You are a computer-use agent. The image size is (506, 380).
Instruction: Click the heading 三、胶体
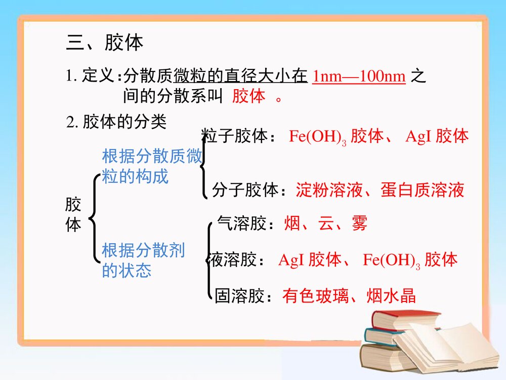[105, 43]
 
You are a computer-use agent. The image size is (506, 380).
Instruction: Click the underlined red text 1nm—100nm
[359, 76]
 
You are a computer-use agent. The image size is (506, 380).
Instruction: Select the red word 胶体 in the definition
[248, 96]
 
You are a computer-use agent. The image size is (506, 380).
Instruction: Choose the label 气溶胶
[241, 223]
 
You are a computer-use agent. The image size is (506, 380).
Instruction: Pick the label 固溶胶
[239, 296]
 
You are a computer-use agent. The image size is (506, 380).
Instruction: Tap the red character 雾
[360, 223]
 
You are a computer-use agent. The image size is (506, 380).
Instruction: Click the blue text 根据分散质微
[152, 156]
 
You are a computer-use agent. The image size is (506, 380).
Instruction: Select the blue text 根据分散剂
[143, 250]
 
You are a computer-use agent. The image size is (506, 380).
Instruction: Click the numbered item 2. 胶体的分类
[116, 122]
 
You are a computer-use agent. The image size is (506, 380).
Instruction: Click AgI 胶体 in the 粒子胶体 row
[437, 136]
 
